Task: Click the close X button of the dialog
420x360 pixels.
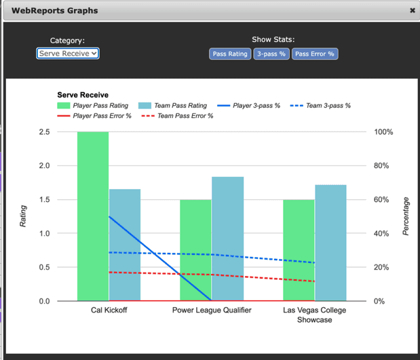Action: coord(412,11)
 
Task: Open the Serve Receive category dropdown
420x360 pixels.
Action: coord(68,54)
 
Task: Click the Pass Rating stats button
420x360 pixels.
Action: coord(230,54)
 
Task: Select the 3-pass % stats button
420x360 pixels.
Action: coord(271,54)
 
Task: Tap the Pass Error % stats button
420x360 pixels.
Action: coord(315,54)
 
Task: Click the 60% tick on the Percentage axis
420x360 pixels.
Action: coord(383,200)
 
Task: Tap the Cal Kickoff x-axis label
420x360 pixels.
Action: coord(109,311)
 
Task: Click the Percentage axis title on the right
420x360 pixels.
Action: coord(406,216)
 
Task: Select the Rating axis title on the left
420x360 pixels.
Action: coord(23,216)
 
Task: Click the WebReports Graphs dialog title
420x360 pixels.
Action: coord(54,11)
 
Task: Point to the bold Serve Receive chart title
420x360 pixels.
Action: coord(83,96)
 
